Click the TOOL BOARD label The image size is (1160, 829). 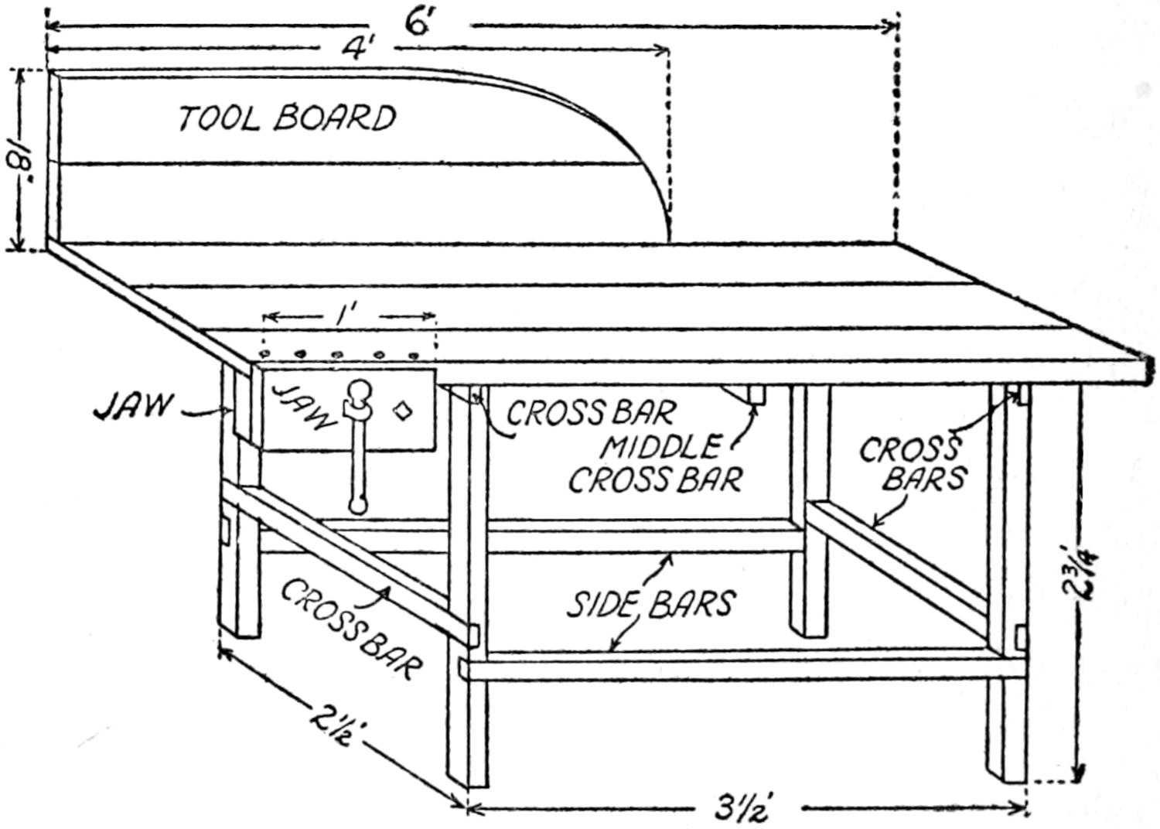click(287, 118)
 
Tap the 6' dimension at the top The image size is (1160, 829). click(418, 24)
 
